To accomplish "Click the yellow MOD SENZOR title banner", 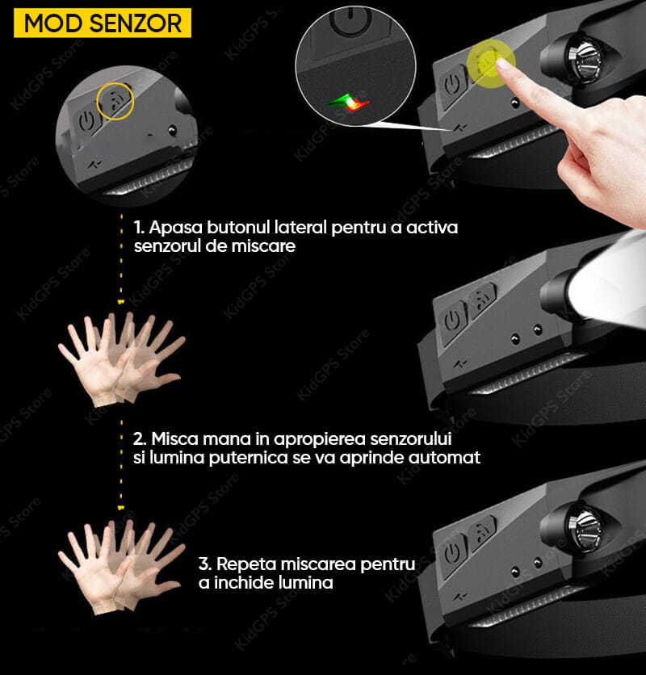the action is tap(103, 23).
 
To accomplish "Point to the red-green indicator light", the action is tap(348, 102).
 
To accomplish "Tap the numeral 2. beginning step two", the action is tap(140, 439).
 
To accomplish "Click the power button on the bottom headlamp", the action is tap(452, 553).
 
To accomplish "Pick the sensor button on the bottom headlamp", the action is tap(482, 535).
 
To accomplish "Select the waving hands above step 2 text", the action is tap(121, 359).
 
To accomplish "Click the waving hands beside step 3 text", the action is tap(121, 567).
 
